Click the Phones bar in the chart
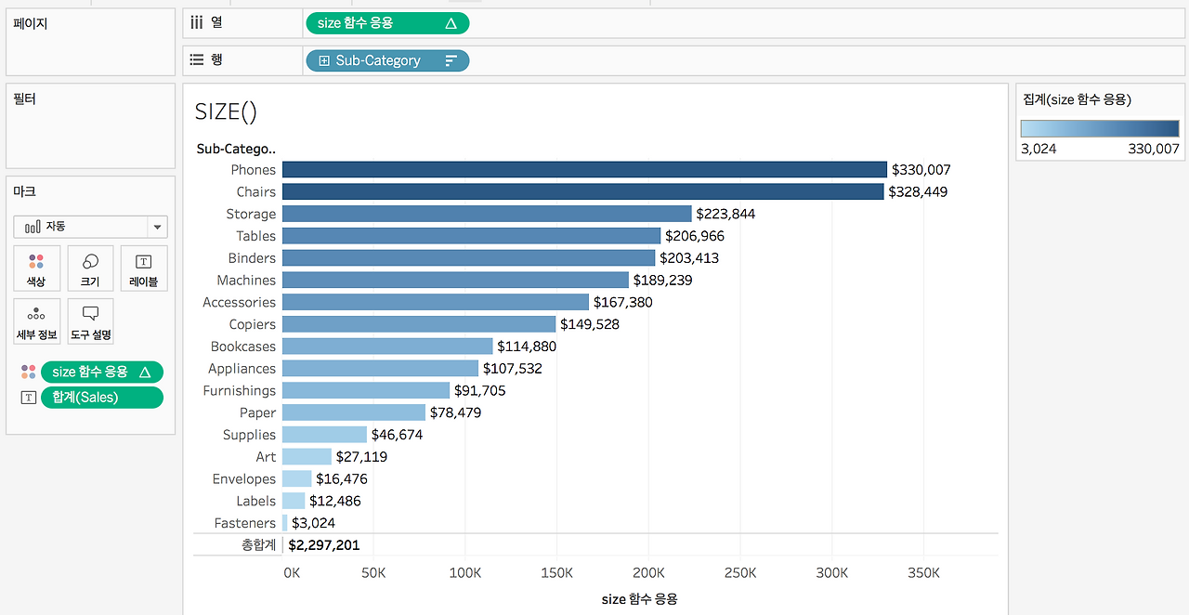click(584, 169)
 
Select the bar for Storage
click(487, 214)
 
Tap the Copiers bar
click(419, 324)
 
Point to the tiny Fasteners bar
click(285, 523)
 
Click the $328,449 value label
click(918, 191)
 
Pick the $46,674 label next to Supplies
click(397, 435)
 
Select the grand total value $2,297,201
click(324, 545)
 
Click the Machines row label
click(246, 280)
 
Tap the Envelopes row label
click(244, 479)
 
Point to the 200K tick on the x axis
click(648, 573)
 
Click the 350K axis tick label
click(923, 573)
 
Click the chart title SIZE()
click(226, 111)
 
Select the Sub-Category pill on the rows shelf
click(387, 60)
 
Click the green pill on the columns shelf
click(387, 23)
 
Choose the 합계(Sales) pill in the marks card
click(102, 398)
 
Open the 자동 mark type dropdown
click(90, 227)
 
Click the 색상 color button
click(36, 268)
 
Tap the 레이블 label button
click(144, 268)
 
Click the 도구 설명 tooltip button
click(91, 321)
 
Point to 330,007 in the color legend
click(1154, 149)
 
